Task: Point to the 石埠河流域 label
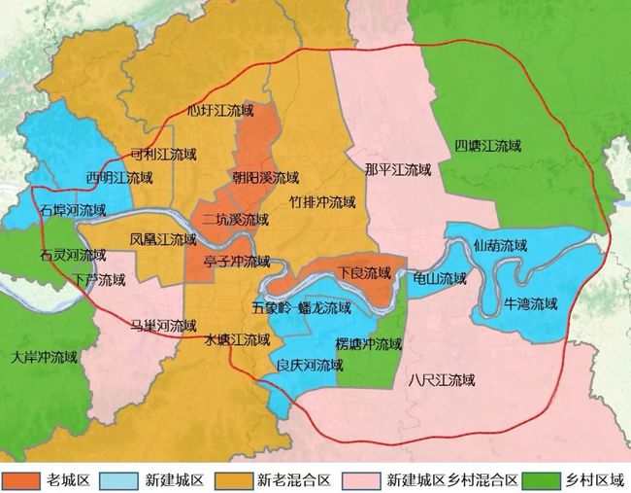(73, 209)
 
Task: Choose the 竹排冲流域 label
(322, 203)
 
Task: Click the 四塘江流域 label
(488, 147)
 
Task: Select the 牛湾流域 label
(531, 303)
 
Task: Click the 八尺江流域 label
(442, 378)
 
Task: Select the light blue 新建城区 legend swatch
(123, 480)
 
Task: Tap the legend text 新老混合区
(295, 480)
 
